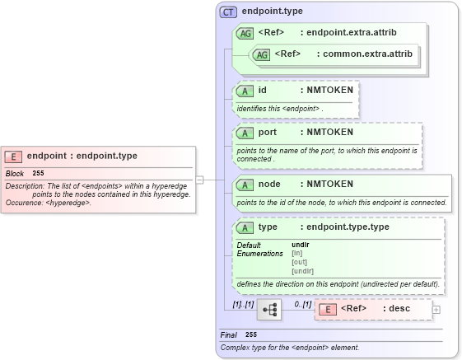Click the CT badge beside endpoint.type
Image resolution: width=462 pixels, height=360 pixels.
(229, 12)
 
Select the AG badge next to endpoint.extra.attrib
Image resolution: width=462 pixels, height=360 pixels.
(245, 33)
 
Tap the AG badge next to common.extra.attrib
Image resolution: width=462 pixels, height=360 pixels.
(261, 54)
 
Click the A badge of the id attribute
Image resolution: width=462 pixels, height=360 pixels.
(245, 91)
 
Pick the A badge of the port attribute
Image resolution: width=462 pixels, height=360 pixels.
(245, 133)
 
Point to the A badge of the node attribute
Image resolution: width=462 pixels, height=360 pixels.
(245, 184)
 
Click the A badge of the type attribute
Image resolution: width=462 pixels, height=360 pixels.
(245, 227)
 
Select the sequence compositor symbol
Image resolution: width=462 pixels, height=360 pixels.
(268, 310)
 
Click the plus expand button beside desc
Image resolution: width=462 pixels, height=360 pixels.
(436, 310)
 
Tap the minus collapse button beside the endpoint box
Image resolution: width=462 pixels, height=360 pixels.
(199, 179)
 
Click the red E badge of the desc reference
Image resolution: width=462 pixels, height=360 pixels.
(328, 310)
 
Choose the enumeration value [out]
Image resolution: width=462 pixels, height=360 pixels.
(300, 262)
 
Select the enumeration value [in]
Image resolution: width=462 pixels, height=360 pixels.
(297, 253)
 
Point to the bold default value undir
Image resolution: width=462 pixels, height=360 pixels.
(301, 245)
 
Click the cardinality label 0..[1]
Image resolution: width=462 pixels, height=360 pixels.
(302, 304)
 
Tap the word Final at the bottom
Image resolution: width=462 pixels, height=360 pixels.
(228, 335)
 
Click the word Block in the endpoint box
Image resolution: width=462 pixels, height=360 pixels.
(15, 174)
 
